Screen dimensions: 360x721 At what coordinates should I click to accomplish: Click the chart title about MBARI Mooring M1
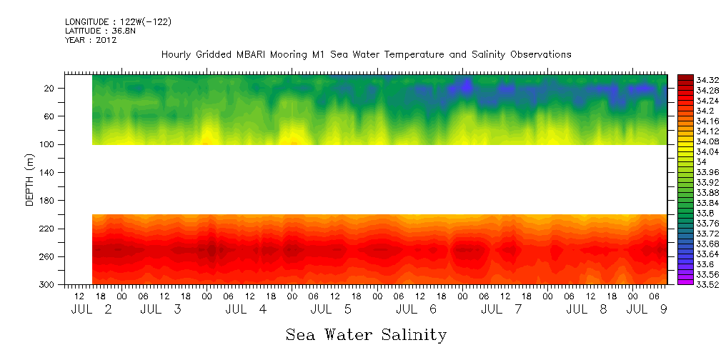coord(366,55)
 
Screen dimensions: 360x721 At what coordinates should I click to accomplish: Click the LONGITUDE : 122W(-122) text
coord(118,22)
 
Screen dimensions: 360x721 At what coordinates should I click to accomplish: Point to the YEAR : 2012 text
coord(91,41)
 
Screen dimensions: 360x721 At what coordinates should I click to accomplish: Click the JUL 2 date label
coord(92,310)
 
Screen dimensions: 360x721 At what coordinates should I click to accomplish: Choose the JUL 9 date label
coord(647,310)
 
